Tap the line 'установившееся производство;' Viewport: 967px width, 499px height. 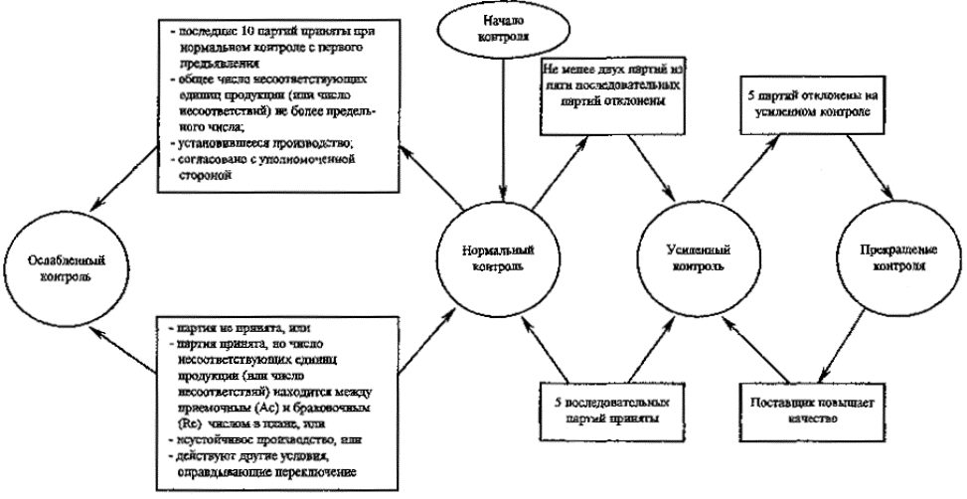click(243, 142)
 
